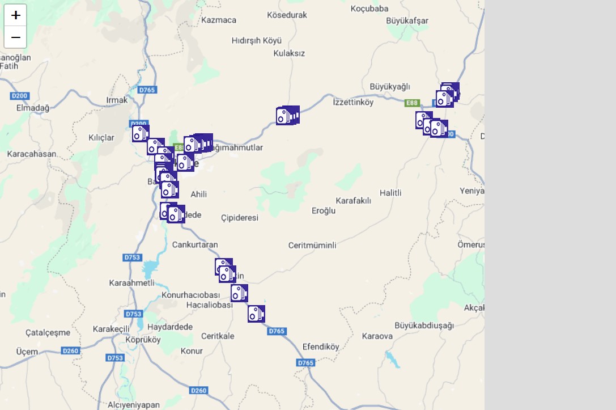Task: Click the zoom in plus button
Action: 15,15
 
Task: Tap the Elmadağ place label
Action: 33,108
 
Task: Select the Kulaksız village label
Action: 289,53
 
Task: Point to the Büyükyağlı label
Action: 389,86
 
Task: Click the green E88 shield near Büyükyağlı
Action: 412,103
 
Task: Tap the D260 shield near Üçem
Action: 71,350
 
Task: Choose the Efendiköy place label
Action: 321,346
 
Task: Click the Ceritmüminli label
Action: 312,246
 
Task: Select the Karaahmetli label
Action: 131,283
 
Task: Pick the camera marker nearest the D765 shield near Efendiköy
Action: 256,314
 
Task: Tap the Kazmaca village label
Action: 219,20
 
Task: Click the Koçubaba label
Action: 369,9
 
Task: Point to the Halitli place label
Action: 390,193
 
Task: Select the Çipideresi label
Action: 240,218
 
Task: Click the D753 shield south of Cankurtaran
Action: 132,257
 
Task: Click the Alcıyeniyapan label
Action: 134,405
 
